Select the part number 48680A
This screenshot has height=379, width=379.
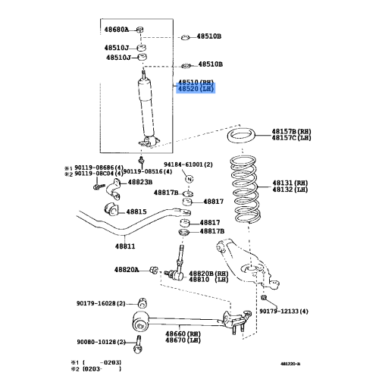tap(117, 30)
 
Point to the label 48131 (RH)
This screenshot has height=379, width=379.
tap(291, 183)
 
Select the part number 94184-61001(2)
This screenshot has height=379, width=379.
tap(188, 164)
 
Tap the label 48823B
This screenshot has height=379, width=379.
tap(139, 182)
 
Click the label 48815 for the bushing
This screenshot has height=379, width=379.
tap(136, 211)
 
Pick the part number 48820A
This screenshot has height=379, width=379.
tap(127, 269)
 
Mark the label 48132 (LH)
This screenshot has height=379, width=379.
tap(291, 190)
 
